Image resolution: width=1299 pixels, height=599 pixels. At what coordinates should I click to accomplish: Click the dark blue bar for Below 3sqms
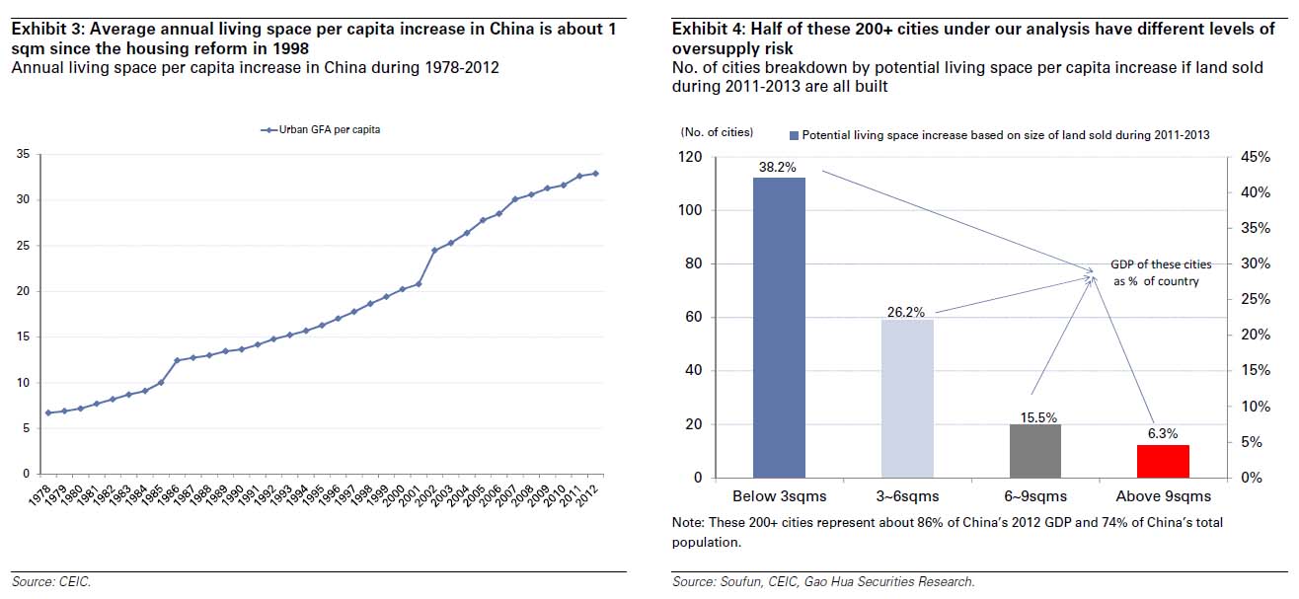(x=779, y=328)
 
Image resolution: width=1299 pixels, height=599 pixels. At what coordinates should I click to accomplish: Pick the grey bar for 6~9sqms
(x=1034, y=451)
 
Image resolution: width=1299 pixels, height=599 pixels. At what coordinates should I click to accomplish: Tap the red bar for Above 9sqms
(x=1163, y=461)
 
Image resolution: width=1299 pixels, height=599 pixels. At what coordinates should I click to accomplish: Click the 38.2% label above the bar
(x=778, y=167)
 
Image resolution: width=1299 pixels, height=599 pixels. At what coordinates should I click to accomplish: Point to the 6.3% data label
(x=1162, y=434)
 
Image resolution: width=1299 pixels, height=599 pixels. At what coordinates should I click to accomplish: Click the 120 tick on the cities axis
(x=690, y=157)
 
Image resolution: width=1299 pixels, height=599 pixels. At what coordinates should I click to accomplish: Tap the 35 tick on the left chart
(x=22, y=154)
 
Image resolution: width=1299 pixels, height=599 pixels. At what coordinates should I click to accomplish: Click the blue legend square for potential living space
(x=793, y=135)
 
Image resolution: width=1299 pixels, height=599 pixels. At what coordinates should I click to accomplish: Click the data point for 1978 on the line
(x=47, y=412)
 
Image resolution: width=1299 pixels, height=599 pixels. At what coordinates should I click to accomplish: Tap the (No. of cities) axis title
(x=716, y=131)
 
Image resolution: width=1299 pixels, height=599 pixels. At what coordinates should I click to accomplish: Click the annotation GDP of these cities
(x=1161, y=264)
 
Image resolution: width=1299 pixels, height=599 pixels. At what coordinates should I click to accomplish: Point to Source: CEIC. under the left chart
(x=51, y=582)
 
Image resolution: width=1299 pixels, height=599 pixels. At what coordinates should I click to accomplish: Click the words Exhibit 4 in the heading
(x=704, y=30)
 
